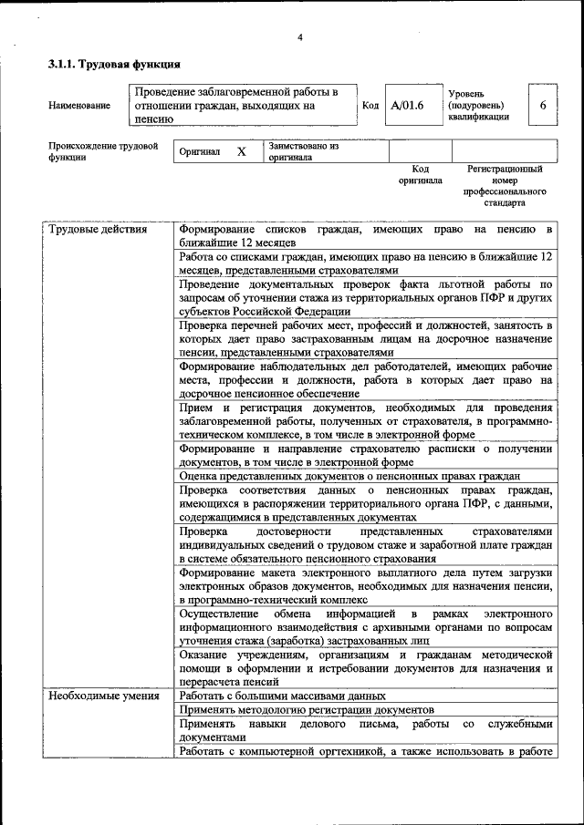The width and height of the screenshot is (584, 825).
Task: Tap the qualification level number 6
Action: point(542,106)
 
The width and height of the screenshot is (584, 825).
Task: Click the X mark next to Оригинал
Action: point(241,152)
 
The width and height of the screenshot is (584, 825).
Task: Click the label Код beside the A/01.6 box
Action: point(370,106)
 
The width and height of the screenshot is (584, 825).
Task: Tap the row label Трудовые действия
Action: point(97,230)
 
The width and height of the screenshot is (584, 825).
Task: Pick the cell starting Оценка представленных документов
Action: point(349,476)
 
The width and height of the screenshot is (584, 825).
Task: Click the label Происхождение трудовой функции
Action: point(103,151)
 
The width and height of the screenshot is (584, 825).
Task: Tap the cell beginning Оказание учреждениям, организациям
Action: point(365,668)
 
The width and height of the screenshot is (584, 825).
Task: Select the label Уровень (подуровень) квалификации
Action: point(479,106)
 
